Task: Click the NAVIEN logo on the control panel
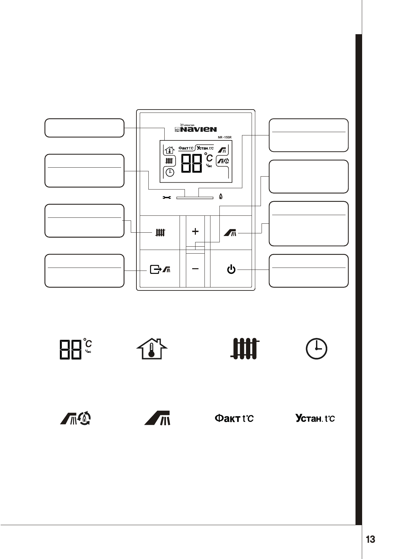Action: tap(198, 129)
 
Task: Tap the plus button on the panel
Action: tap(195, 231)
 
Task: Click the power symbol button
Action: tap(231, 270)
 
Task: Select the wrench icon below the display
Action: tap(167, 198)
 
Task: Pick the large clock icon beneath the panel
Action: tap(316, 349)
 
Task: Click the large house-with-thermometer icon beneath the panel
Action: tap(152, 349)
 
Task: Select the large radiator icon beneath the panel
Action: tap(245, 349)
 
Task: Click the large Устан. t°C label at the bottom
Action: tap(315, 418)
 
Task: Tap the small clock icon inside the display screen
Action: tap(170, 173)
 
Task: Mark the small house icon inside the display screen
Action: tap(170, 150)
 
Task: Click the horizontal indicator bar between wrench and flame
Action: tap(195, 198)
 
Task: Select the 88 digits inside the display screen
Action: tap(192, 163)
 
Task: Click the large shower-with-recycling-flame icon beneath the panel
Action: tap(76, 418)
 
